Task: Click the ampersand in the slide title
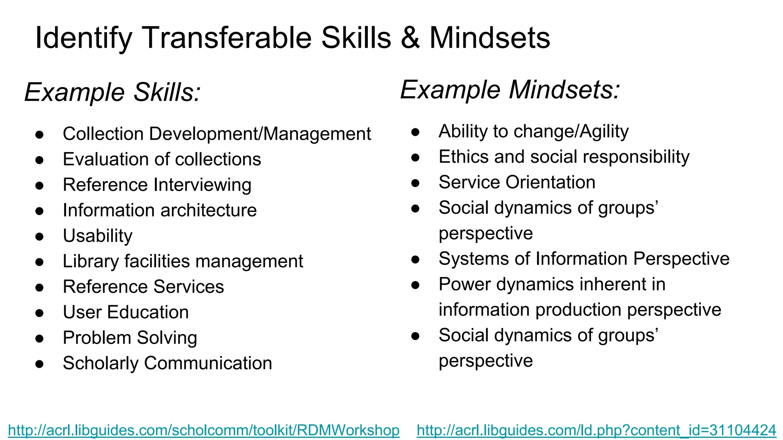click(410, 38)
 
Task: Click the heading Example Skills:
click(112, 92)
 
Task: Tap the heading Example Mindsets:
click(510, 90)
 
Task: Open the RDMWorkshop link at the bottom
click(203, 430)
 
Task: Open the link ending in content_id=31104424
click(596, 430)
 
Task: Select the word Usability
click(97, 236)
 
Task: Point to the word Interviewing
click(202, 185)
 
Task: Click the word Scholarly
click(100, 364)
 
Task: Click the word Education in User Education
click(148, 312)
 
